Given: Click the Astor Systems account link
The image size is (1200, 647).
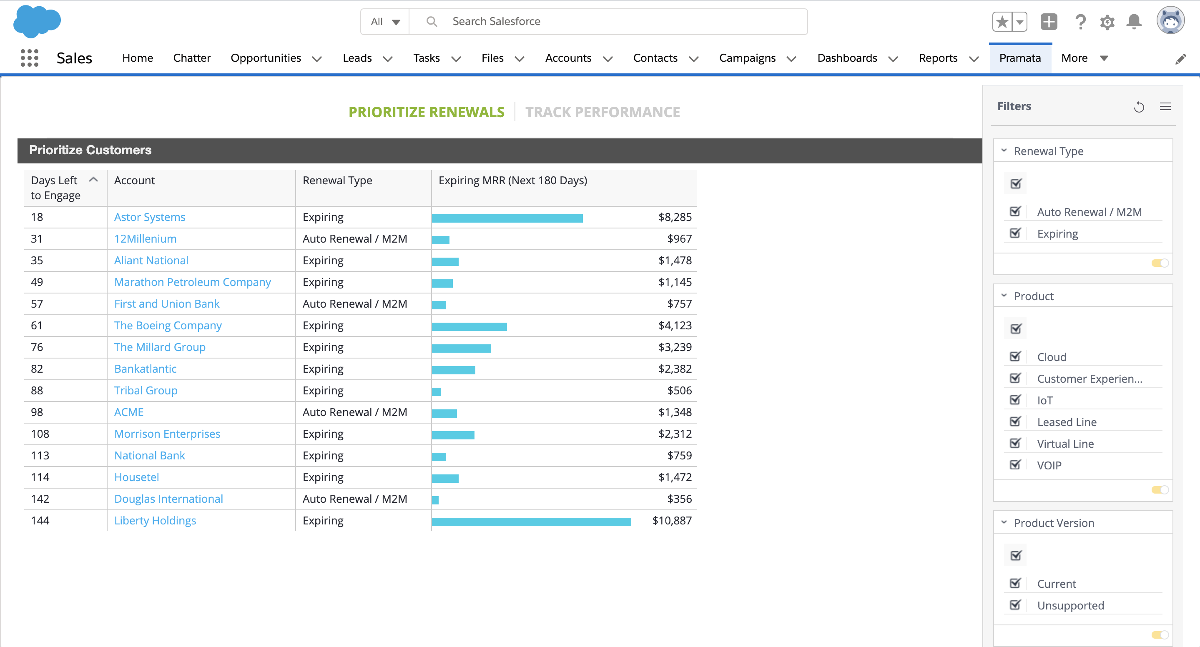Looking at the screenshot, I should pyautogui.click(x=150, y=217).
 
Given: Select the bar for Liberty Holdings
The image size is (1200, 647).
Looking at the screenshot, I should pyautogui.click(x=531, y=521).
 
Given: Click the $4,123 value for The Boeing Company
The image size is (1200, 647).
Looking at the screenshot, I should pyautogui.click(x=675, y=326).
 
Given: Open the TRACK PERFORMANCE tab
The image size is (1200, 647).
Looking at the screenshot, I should pyautogui.click(x=603, y=112).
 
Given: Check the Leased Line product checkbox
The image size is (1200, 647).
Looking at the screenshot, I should pyautogui.click(x=1015, y=422).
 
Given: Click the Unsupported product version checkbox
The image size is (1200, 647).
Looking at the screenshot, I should pyautogui.click(x=1015, y=605).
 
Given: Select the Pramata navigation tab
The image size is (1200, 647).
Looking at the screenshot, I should pyautogui.click(x=1020, y=58).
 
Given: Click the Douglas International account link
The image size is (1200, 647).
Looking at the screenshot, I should pyautogui.click(x=168, y=499).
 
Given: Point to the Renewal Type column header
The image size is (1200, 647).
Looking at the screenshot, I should pyautogui.click(x=337, y=181).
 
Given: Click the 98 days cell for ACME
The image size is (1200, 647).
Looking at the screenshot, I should pyautogui.click(x=37, y=412).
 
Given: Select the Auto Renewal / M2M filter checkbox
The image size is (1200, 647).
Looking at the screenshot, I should pyautogui.click(x=1015, y=212).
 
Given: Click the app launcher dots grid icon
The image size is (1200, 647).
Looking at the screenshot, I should pyautogui.click(x=29, y=58).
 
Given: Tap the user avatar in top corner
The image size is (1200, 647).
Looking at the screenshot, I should pyautogui.click(x=1170, y=21).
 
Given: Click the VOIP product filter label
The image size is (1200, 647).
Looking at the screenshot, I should pyautogui.click(x=1049, y=465).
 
